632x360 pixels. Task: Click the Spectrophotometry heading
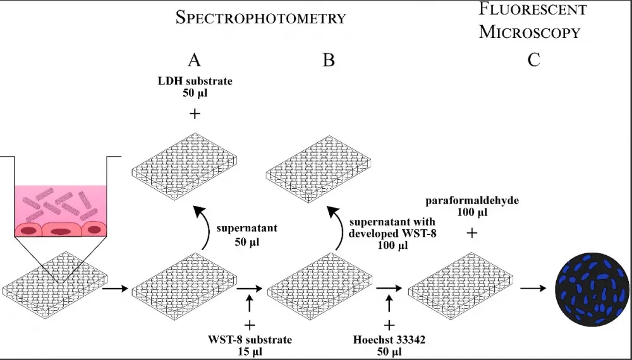coord(261,18)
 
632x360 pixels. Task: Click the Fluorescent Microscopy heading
coord(532,20)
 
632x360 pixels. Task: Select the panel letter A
coord(194,61)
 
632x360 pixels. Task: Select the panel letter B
coord(329,61)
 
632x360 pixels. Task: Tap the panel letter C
coord(534,61)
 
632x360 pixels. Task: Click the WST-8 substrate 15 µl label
coord(250,345)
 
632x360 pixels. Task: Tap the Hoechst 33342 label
coord(389,345)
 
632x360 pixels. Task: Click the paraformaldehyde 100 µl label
coord(472,206)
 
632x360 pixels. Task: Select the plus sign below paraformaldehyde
coord(471,233)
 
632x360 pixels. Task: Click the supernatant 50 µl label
coord(238,234)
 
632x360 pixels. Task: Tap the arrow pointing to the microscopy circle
coord(532,289)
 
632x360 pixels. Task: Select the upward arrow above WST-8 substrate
coord(250,304)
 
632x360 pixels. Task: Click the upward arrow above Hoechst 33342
coord(389,304)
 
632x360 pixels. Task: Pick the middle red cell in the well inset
coord(60,231)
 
